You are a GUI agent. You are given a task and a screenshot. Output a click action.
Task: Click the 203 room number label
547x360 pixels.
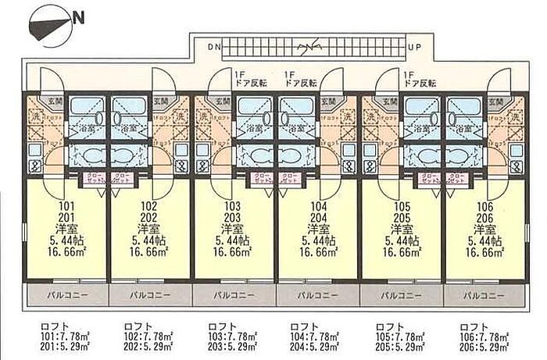click(x=231, y=219)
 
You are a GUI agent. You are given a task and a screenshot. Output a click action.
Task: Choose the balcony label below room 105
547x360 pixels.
click(x=398, y=297)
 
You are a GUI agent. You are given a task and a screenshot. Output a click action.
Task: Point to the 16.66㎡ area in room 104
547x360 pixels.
click(x=316, y=253)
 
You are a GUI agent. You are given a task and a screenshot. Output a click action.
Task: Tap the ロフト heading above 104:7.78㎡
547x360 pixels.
click(x=304, y=326)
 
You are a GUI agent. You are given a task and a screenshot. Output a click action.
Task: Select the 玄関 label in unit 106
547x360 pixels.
click(x=497, y=100)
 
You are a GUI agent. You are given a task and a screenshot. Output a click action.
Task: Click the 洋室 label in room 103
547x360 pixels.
click(x=231, y=230)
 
